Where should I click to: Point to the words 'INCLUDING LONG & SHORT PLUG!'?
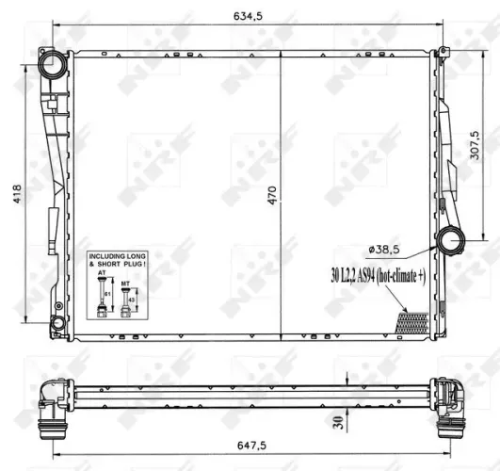pos(118,260)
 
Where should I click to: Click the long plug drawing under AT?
pos(102,300)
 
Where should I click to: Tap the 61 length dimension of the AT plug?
pos(109,294)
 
